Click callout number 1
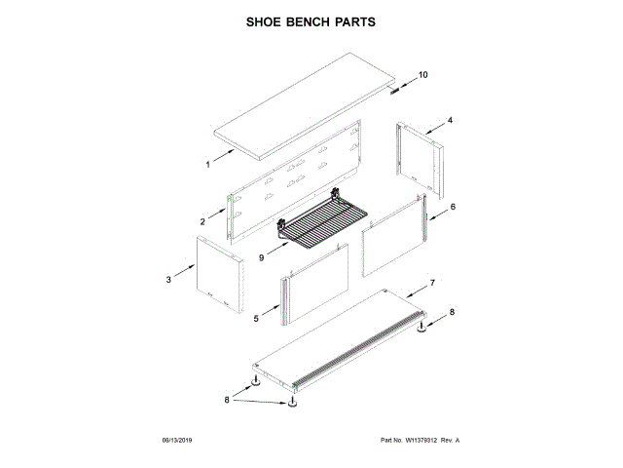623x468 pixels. coord(207,165)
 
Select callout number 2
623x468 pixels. coord(202,222)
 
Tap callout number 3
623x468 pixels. coord(168,280)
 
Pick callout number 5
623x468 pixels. coord(255,318)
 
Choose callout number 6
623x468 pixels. coord(452,207)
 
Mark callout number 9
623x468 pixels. coord(262,257)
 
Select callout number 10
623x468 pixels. coord(422,75)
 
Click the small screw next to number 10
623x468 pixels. coord(395,94)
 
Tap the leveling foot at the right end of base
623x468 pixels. coord(424,331)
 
